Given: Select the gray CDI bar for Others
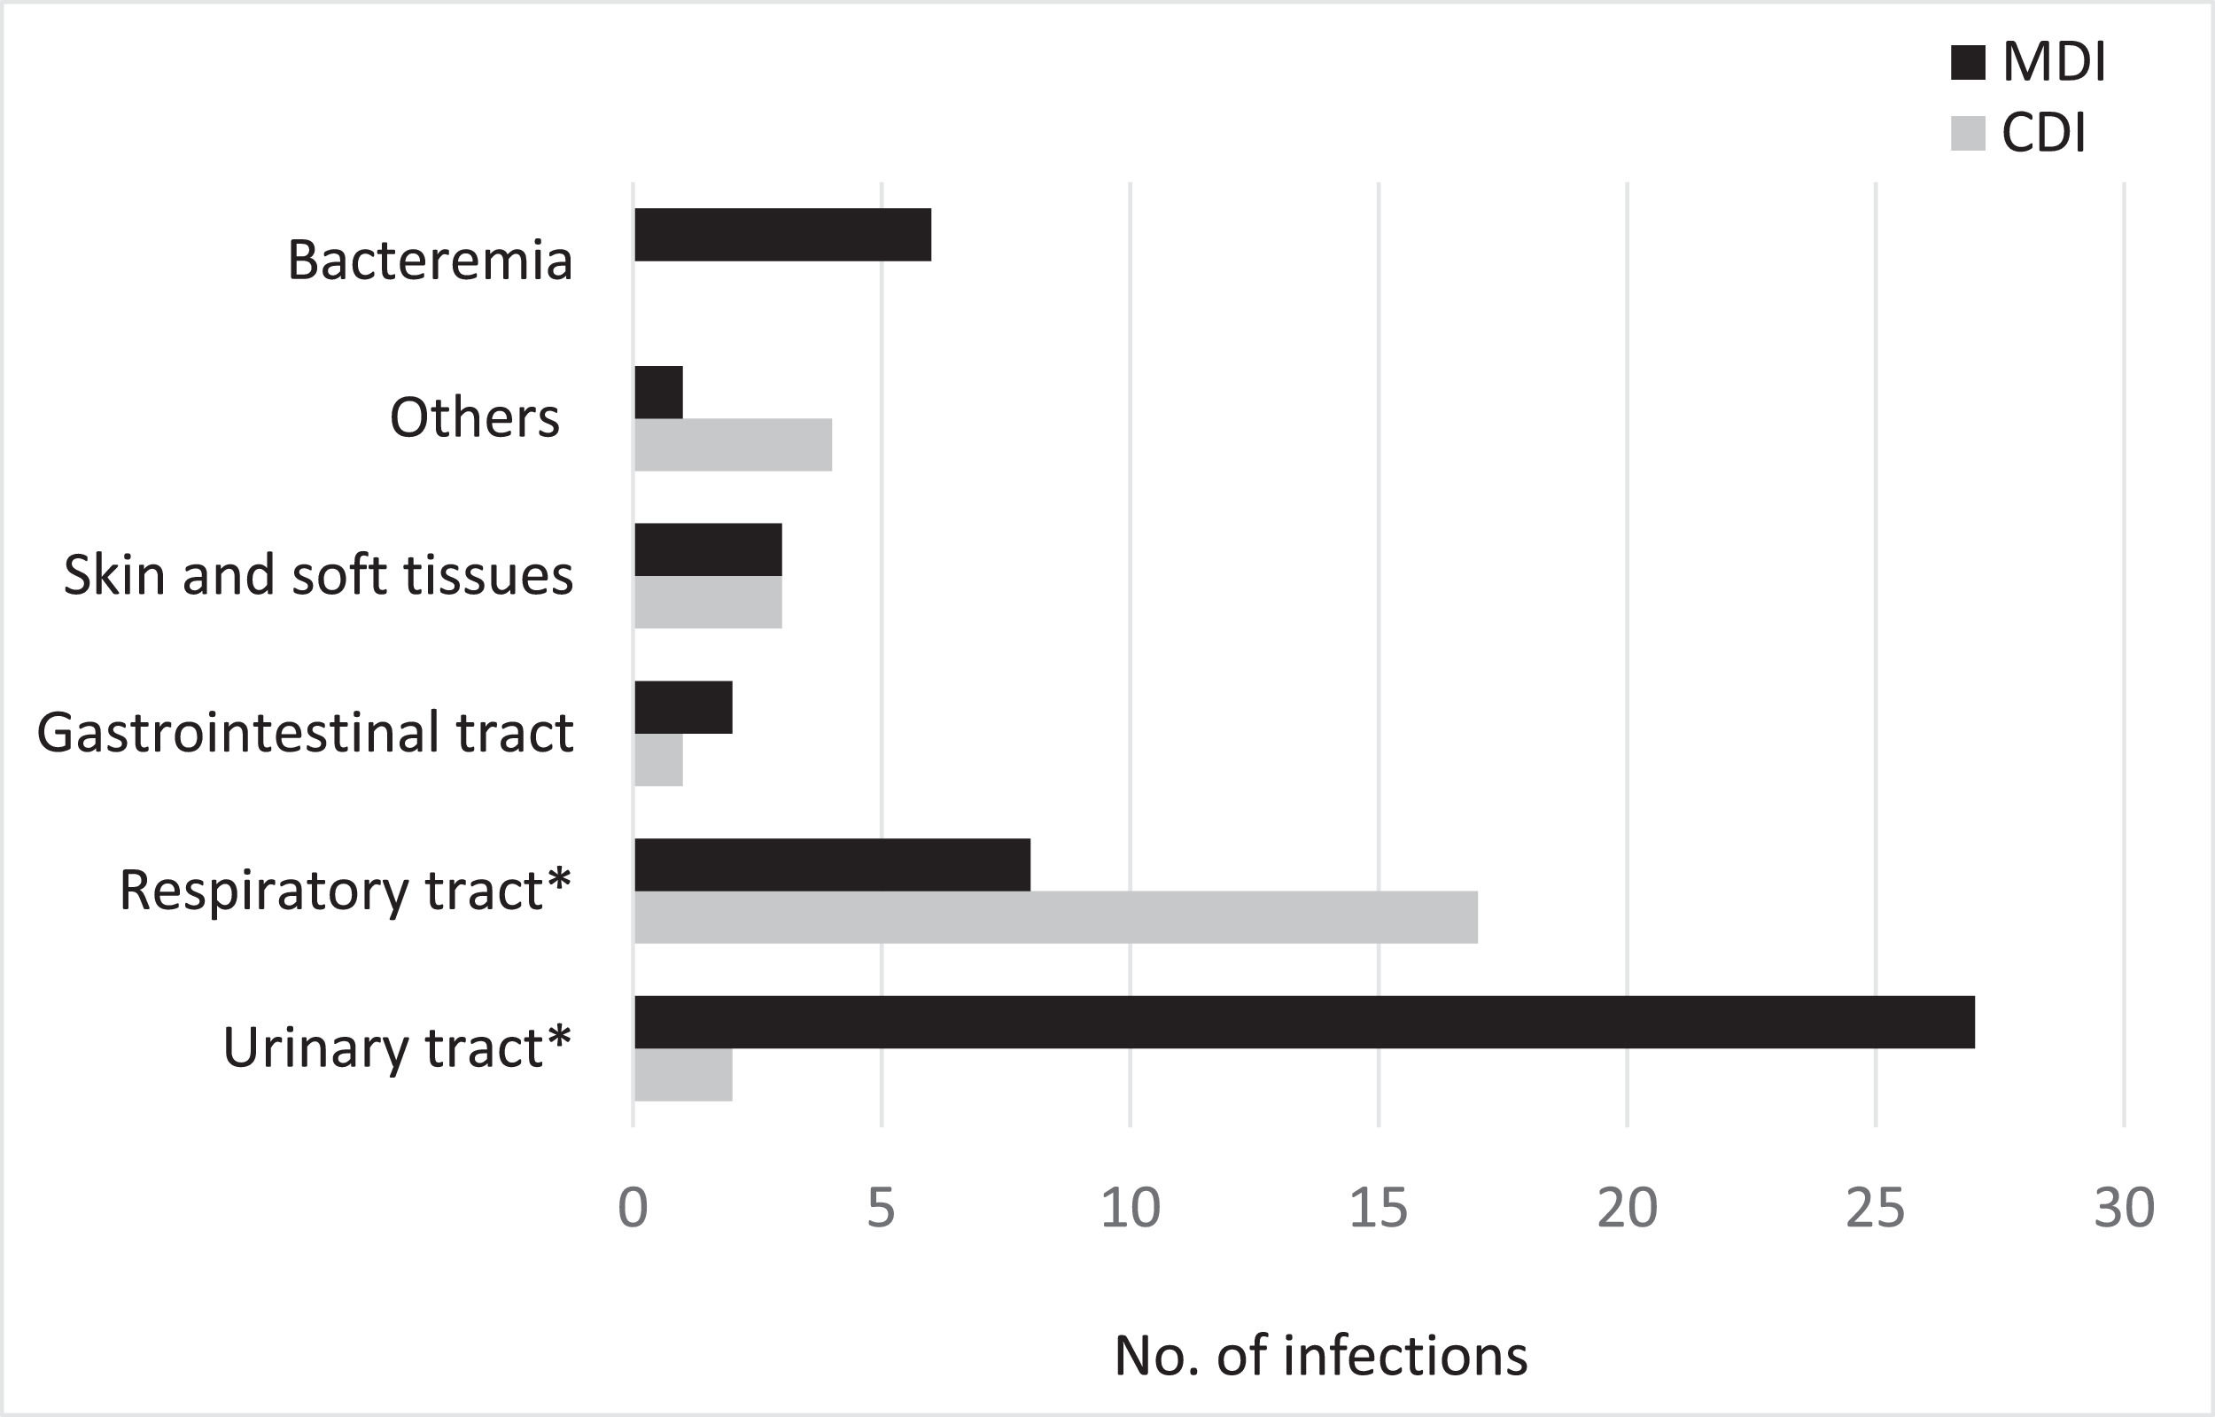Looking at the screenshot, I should pos(733,446).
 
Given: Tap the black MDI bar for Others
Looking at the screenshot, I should pos(658,393).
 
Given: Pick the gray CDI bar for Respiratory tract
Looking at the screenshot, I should pos(1055,917).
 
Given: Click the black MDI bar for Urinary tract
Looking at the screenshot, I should pos(1303,1023).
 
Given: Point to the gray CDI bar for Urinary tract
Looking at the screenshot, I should pos(683,1075).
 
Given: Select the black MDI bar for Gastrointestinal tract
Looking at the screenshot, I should pos(683,707).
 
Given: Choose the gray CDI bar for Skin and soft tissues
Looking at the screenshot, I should pos(707,603).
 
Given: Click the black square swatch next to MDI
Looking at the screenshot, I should pos(1968,63).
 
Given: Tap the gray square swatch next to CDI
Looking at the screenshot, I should pos(1968,133).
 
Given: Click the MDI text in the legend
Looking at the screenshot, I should pos(2053,63).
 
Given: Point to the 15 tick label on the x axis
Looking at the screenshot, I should pos(1378,1208).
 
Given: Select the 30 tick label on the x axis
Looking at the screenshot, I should pos(2124,1208).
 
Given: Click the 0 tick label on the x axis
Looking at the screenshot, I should pos(633,1208).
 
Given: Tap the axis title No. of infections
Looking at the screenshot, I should pos(1321,1355).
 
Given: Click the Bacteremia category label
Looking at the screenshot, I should pos(430,261).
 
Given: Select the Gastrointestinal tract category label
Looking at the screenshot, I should pos(306,734).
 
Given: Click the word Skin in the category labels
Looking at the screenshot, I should pos(114,576).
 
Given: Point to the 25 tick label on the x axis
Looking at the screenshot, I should pos(1875,1208).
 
